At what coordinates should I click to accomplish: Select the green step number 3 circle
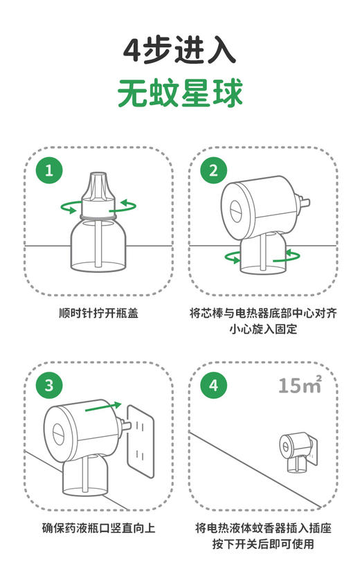click(x=48, y=386)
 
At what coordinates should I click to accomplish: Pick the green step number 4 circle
click(x=213, y=386)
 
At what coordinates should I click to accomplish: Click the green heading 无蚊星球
click(x=180, y=93)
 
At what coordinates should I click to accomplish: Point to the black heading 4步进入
click(x=180, y=50)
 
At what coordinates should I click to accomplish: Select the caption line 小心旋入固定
click(x=263, y=329)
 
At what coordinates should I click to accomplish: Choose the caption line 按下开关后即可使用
click(x=263, y=545)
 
